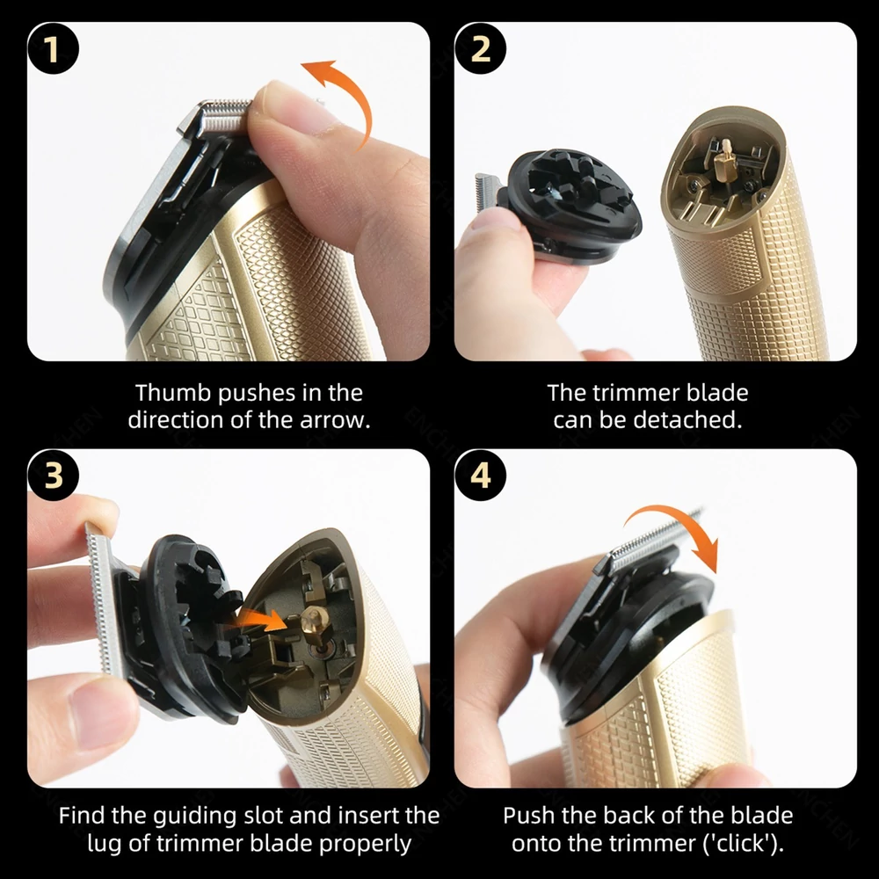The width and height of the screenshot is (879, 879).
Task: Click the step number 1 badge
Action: click(53, 48)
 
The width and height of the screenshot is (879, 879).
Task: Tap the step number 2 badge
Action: click(481, 48)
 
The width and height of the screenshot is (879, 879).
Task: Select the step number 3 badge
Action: click(53, 476)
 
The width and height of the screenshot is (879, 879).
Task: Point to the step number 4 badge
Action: click(481, 476)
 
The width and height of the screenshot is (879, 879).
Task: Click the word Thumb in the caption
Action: click(173, 392)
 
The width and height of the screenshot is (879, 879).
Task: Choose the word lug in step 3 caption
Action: click(105, 845)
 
